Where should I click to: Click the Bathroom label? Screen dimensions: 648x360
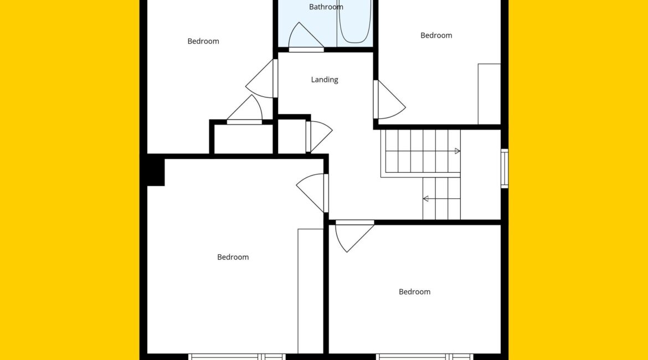[x=326, y=7]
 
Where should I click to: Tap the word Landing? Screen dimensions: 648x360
[x=325, y=80]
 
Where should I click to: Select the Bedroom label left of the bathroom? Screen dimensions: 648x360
[x=203, y=41]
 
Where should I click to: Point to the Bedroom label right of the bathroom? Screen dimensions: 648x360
[x=436, y=35]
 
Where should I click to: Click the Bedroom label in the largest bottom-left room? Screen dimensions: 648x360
[x=233, y=257]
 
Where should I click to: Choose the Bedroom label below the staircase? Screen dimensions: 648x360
[x=414, y=292]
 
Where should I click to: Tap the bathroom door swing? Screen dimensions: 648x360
[x=306, y=37]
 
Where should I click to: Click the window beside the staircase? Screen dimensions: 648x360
[x=505, y=168]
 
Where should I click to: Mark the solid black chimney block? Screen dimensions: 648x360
[x=156, y=170]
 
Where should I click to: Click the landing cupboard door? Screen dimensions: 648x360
[x=318, y=136]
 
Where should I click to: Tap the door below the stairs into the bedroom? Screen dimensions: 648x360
[x=354, y=235]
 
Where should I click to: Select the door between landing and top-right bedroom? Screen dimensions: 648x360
[x=389, y=100]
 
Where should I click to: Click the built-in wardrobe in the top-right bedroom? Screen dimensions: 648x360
[x=489, y=94]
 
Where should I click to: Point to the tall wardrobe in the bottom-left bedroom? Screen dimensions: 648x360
[x=310, y=291]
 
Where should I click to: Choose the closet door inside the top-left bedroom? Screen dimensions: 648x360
[x=244, y=110]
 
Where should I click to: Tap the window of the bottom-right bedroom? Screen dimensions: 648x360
[x=425, y=357]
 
